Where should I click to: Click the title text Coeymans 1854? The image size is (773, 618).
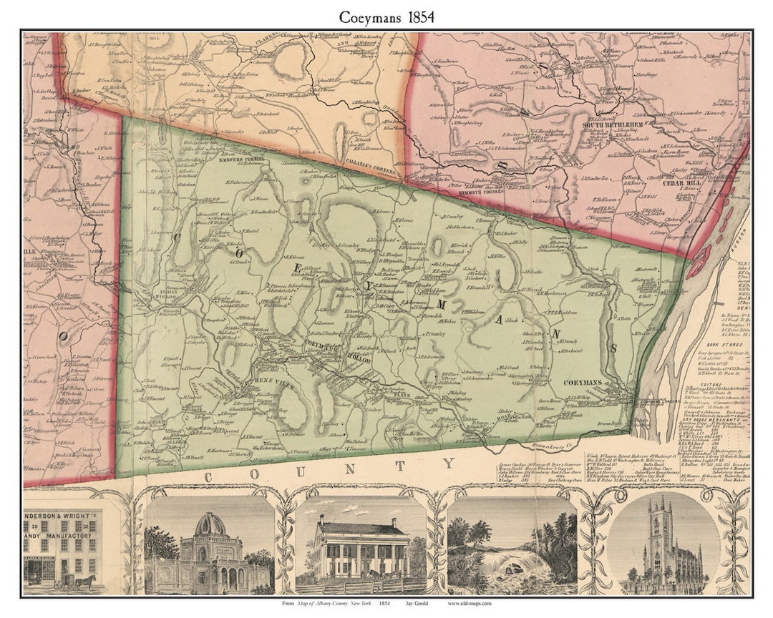click(386, 16)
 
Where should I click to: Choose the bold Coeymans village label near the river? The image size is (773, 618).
click(587, 383)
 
